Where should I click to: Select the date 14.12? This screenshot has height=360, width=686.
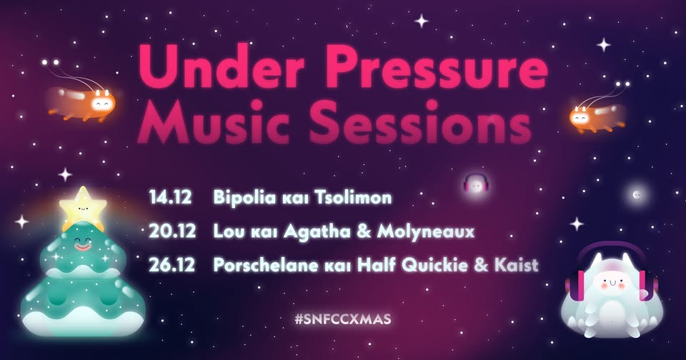pyautogui.click(x=170, y=198)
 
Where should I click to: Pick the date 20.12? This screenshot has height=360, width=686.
pyautogui.click(x=172, y=231)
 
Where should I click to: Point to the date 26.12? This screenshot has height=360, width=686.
pyautogui.click(x=172, y=265)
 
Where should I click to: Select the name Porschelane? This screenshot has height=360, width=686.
pyautogui.click(x=266, y=265)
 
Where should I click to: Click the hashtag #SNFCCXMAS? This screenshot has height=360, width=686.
pyautogui.click(x=343, y=319)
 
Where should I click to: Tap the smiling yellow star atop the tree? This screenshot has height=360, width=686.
pyautogui.click(x=83, y=206)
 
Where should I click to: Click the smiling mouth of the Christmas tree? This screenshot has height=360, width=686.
pyautogui.click(x=82, y=246)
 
